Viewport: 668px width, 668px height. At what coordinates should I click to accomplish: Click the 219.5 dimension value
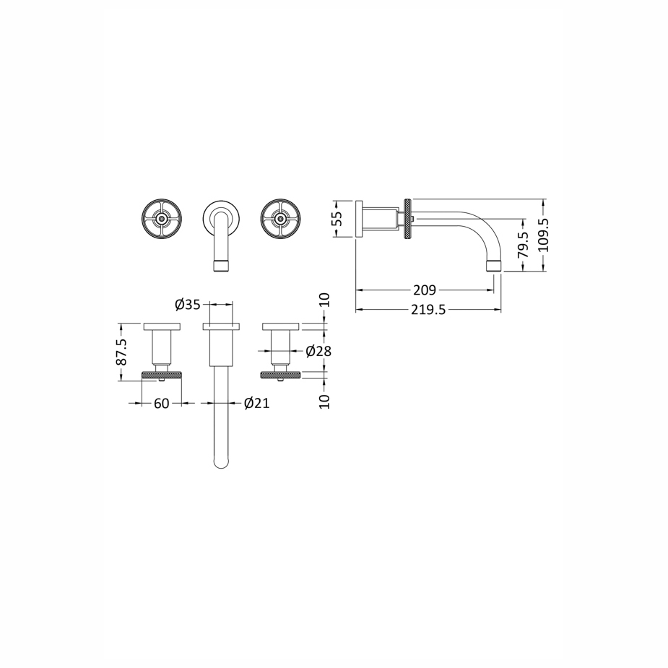428,310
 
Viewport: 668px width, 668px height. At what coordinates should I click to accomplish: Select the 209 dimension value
425,290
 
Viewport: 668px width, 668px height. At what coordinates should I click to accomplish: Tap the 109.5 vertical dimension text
544,235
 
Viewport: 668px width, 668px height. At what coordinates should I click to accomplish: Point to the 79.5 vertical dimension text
523,245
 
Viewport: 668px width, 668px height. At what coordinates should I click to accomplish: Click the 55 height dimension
337,219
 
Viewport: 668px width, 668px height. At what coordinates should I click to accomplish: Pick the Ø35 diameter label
187,305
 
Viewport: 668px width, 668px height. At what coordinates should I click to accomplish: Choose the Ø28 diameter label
318,351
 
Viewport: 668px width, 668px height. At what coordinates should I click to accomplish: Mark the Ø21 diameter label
257,403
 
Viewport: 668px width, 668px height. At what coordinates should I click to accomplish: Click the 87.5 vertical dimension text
121,352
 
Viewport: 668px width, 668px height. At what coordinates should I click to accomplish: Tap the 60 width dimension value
162,404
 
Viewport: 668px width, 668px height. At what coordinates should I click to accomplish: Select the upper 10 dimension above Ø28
325,300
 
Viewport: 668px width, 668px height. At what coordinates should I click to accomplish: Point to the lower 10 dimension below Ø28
325,402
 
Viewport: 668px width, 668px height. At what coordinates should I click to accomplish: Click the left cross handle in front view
162,219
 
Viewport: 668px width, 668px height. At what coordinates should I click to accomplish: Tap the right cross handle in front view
280,219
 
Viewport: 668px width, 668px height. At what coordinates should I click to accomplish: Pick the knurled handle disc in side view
408,219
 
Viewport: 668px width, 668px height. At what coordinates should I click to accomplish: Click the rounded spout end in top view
221,461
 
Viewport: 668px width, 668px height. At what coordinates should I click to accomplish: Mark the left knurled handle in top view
162,375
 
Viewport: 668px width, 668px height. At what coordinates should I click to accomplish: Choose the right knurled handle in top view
280,375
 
